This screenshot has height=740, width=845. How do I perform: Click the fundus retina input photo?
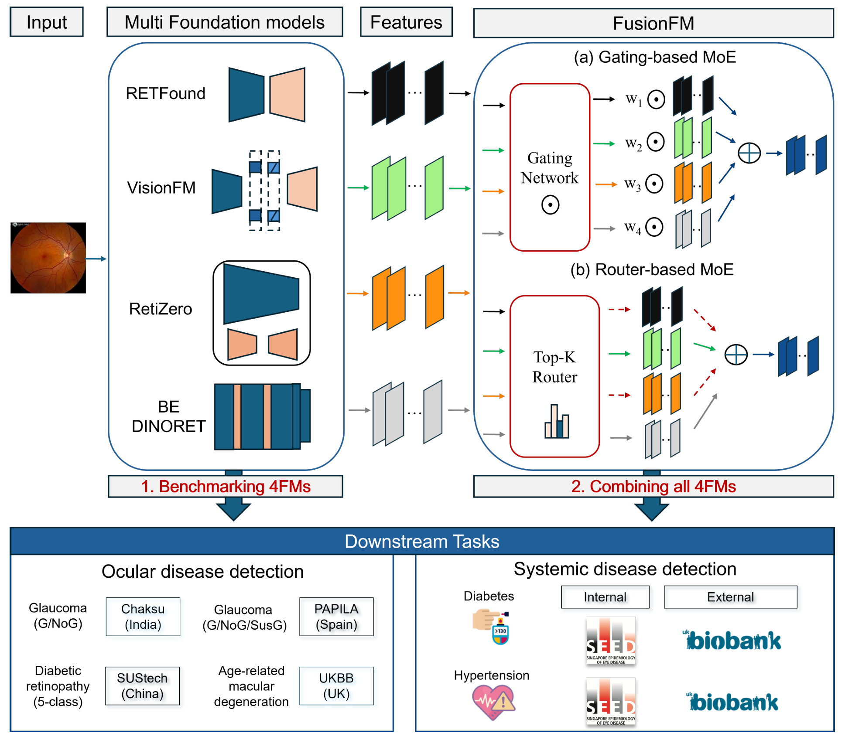(x=48, y=258)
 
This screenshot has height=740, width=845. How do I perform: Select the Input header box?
(x=47, y=22)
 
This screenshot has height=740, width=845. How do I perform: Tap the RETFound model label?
(x=165, y=93)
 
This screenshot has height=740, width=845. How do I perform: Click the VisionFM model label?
(x=161, y=188)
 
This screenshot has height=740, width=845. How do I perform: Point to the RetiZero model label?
(x=160, y=309)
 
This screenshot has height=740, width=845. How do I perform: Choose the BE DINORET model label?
(x=168, y=416)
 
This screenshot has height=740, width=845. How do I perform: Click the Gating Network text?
(x=549, y=168)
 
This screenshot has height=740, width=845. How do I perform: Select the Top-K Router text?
(x=554, y=367)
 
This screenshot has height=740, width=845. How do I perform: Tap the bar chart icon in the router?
(x=556, y=422)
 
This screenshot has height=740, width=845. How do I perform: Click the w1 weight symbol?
(x=633, y=99)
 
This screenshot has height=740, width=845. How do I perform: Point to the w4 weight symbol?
(x=632, y=227)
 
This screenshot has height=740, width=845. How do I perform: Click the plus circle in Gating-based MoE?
(x=749, y=153)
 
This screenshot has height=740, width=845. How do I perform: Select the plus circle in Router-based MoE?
(x=736, y=355)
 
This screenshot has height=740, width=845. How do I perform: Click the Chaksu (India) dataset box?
(x=143, y=617)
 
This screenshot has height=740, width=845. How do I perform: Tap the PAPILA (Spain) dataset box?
(x=336, y=617)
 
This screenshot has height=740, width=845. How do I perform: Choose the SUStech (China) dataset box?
(x=142, y=686)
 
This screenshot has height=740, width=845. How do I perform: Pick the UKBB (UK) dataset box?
(x=336, y=686)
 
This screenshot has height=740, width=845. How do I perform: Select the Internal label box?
(x=605, y=597)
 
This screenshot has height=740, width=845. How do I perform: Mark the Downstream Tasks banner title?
(x=422, y=542)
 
